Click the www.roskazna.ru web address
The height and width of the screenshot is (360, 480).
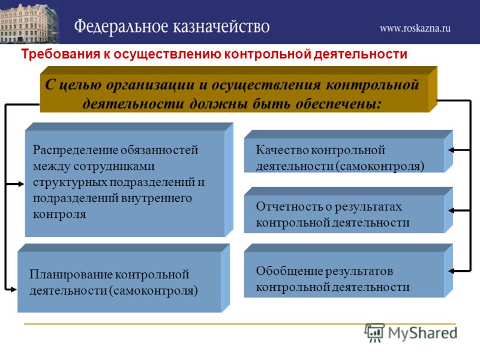pyautogui.click(x=415, y=28)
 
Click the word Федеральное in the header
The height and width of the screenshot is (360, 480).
pyautogui.click(x=121, y=26)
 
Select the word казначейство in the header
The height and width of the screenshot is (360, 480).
pyautogui.click(x=221, y=26)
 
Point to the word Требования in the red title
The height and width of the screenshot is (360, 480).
pyautogui.click(x=61, y=54)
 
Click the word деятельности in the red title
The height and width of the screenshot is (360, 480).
pyautogui.click(x=361, y=54)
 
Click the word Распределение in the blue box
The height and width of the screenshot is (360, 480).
pyautogui.click(x=74, y=151)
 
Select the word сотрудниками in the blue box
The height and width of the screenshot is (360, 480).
pyautogui.click(x=114, y=166)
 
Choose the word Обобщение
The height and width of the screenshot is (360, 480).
pyautogui.click(x=289, y=271)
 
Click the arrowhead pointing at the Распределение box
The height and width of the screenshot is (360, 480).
pyautogui.click(x=21, y=184)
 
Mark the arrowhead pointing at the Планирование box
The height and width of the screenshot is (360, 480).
pyautogui.click(x=13, y=289)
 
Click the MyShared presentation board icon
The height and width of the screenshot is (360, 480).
pyautogui.click(x=374, y=332)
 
